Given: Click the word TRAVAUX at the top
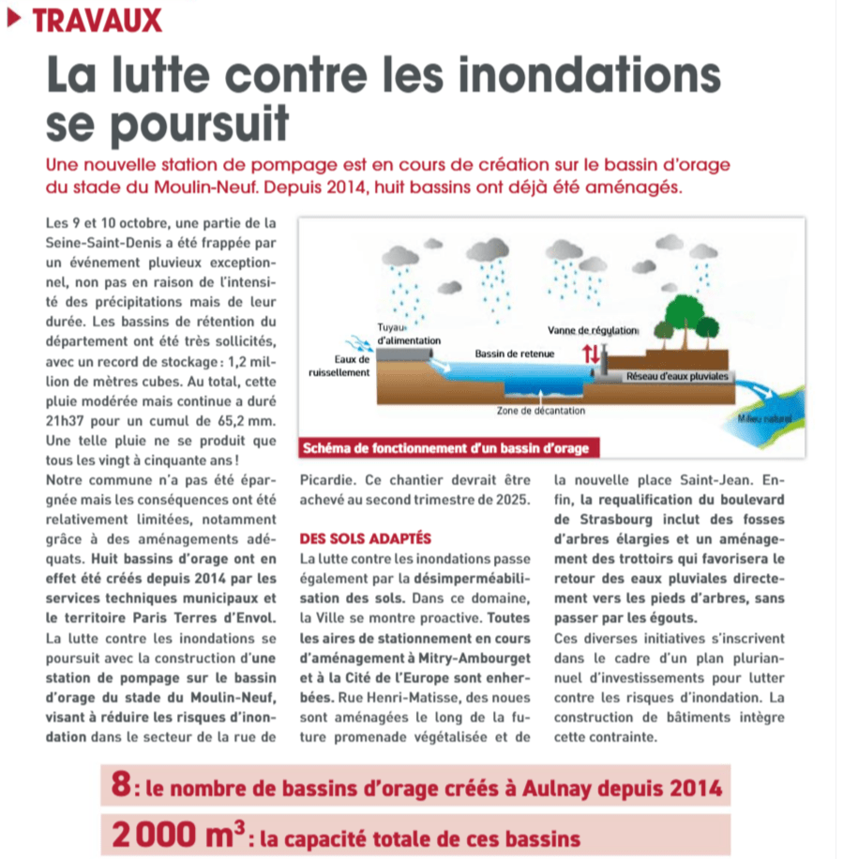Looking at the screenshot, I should pyautogui.click(x=98, y=20).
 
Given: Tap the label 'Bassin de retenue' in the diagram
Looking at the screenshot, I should pyautogui.click(x=514, y=354).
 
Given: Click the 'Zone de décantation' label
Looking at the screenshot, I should pyautogui.click(x=541, y=411).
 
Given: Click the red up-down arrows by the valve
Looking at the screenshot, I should pyautogui.click(x=590, y=354).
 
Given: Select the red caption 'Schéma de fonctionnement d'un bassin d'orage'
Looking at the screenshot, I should pyautogui.click(x=446, y=448).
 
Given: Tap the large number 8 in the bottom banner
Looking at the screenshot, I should pyautogui.click(x=120, y=786).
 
